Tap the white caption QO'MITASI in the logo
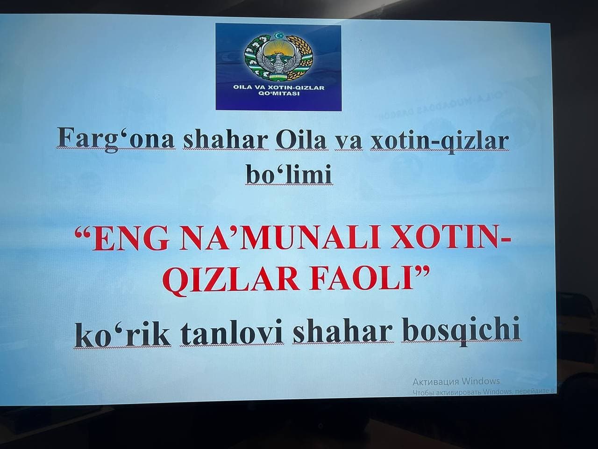[x=278, y=93]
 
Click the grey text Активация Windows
[x=456, y=381]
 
